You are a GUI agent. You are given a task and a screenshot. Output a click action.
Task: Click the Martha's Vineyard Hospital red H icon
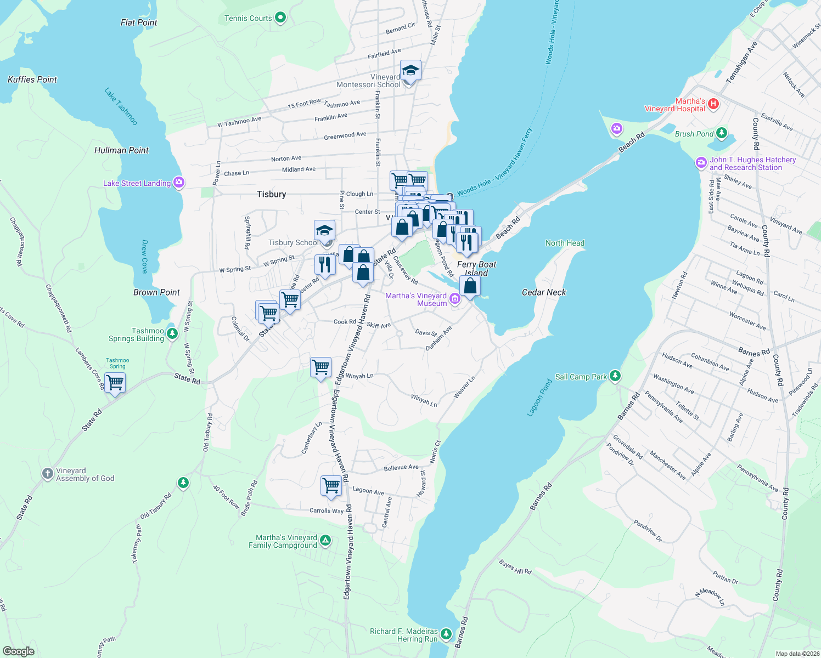pos(713,104)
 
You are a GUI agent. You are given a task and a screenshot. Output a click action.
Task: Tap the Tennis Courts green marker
pos(280,18)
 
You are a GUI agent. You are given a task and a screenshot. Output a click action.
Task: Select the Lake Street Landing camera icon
pos(178,183)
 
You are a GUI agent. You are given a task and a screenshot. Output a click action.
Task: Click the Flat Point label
pos(139,22)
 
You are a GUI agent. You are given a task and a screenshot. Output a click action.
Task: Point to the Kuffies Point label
pos(32,80)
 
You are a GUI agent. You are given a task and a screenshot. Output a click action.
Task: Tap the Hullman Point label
pos(121,150)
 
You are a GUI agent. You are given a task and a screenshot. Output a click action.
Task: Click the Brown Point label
pos(156,292)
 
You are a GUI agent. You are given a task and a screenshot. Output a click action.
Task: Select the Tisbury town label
pos(271,194)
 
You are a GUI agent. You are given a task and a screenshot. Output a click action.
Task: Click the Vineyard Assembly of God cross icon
pos(48,473)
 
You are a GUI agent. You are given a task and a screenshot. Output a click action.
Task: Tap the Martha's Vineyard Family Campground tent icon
pos(325,541)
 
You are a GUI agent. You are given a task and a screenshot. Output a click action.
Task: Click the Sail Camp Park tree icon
pos(615,376)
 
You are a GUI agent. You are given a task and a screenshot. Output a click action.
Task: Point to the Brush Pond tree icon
pos(722,133)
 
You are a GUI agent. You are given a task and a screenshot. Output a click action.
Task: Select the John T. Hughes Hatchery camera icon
pos(701,163)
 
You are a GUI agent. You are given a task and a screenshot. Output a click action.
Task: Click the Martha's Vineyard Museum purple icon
pos(454,299)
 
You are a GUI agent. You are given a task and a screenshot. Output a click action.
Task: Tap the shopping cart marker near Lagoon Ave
pos(331,485)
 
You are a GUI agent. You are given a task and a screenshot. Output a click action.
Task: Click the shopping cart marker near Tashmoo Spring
pos(115,382)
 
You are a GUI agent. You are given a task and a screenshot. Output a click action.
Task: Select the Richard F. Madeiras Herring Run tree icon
pos(446,634)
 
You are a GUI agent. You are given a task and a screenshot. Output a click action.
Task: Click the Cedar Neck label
pos(543,292)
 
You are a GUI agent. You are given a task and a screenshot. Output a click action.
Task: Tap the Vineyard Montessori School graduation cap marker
pos(410,71)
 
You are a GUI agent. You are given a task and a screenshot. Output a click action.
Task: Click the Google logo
pos(19,651)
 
